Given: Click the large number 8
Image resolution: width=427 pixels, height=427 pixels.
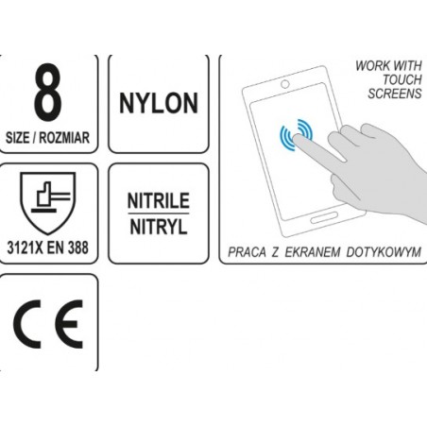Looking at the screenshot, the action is coord(47,92).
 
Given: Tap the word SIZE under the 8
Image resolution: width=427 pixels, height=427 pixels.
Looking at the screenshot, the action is coord(18,138).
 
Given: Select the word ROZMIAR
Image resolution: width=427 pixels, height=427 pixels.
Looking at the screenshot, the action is coord(64,138).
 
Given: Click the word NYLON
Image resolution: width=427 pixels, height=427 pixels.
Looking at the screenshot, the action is coord(159,103).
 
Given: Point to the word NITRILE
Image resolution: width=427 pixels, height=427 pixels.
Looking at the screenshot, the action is coord(159,200).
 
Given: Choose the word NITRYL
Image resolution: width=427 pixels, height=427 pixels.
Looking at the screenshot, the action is coord(159,227).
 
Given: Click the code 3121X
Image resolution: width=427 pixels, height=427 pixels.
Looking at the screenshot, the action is coord(25,248).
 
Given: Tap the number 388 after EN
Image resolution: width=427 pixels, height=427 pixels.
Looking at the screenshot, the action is coord(77,248).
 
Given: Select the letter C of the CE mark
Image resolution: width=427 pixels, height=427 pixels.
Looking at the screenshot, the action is coord(26,324).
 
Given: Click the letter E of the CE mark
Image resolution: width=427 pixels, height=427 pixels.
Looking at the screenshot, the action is coord(69,324).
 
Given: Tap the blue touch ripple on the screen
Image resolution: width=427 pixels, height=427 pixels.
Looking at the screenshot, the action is coord(296,135).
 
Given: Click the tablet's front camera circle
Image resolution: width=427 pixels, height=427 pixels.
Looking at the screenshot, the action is coord(285,84).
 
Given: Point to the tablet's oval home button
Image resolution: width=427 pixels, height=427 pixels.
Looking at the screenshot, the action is coord(324,217).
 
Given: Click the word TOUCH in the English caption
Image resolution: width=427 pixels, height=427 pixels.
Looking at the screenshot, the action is coord(402,79).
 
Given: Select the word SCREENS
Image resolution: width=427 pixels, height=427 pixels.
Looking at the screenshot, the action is coord(395,94).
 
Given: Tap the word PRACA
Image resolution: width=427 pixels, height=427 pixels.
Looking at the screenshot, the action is coord(247,252).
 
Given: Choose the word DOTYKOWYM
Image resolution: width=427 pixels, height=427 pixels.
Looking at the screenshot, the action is coord(384,252).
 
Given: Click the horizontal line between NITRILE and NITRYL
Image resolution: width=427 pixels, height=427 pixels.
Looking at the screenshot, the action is coord(159,213).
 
